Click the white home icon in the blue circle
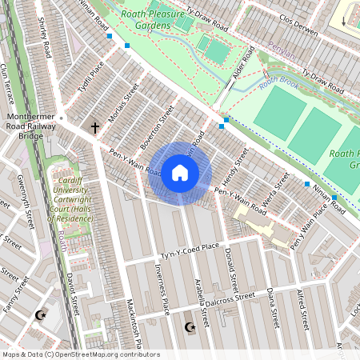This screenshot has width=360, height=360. point(180,173)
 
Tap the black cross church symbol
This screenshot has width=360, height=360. point(95,127)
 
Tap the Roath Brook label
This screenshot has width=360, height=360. point(278,80)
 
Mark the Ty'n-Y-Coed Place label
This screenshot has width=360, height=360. point(191,251)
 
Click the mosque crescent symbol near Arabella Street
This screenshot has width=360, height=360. point(190,326)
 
